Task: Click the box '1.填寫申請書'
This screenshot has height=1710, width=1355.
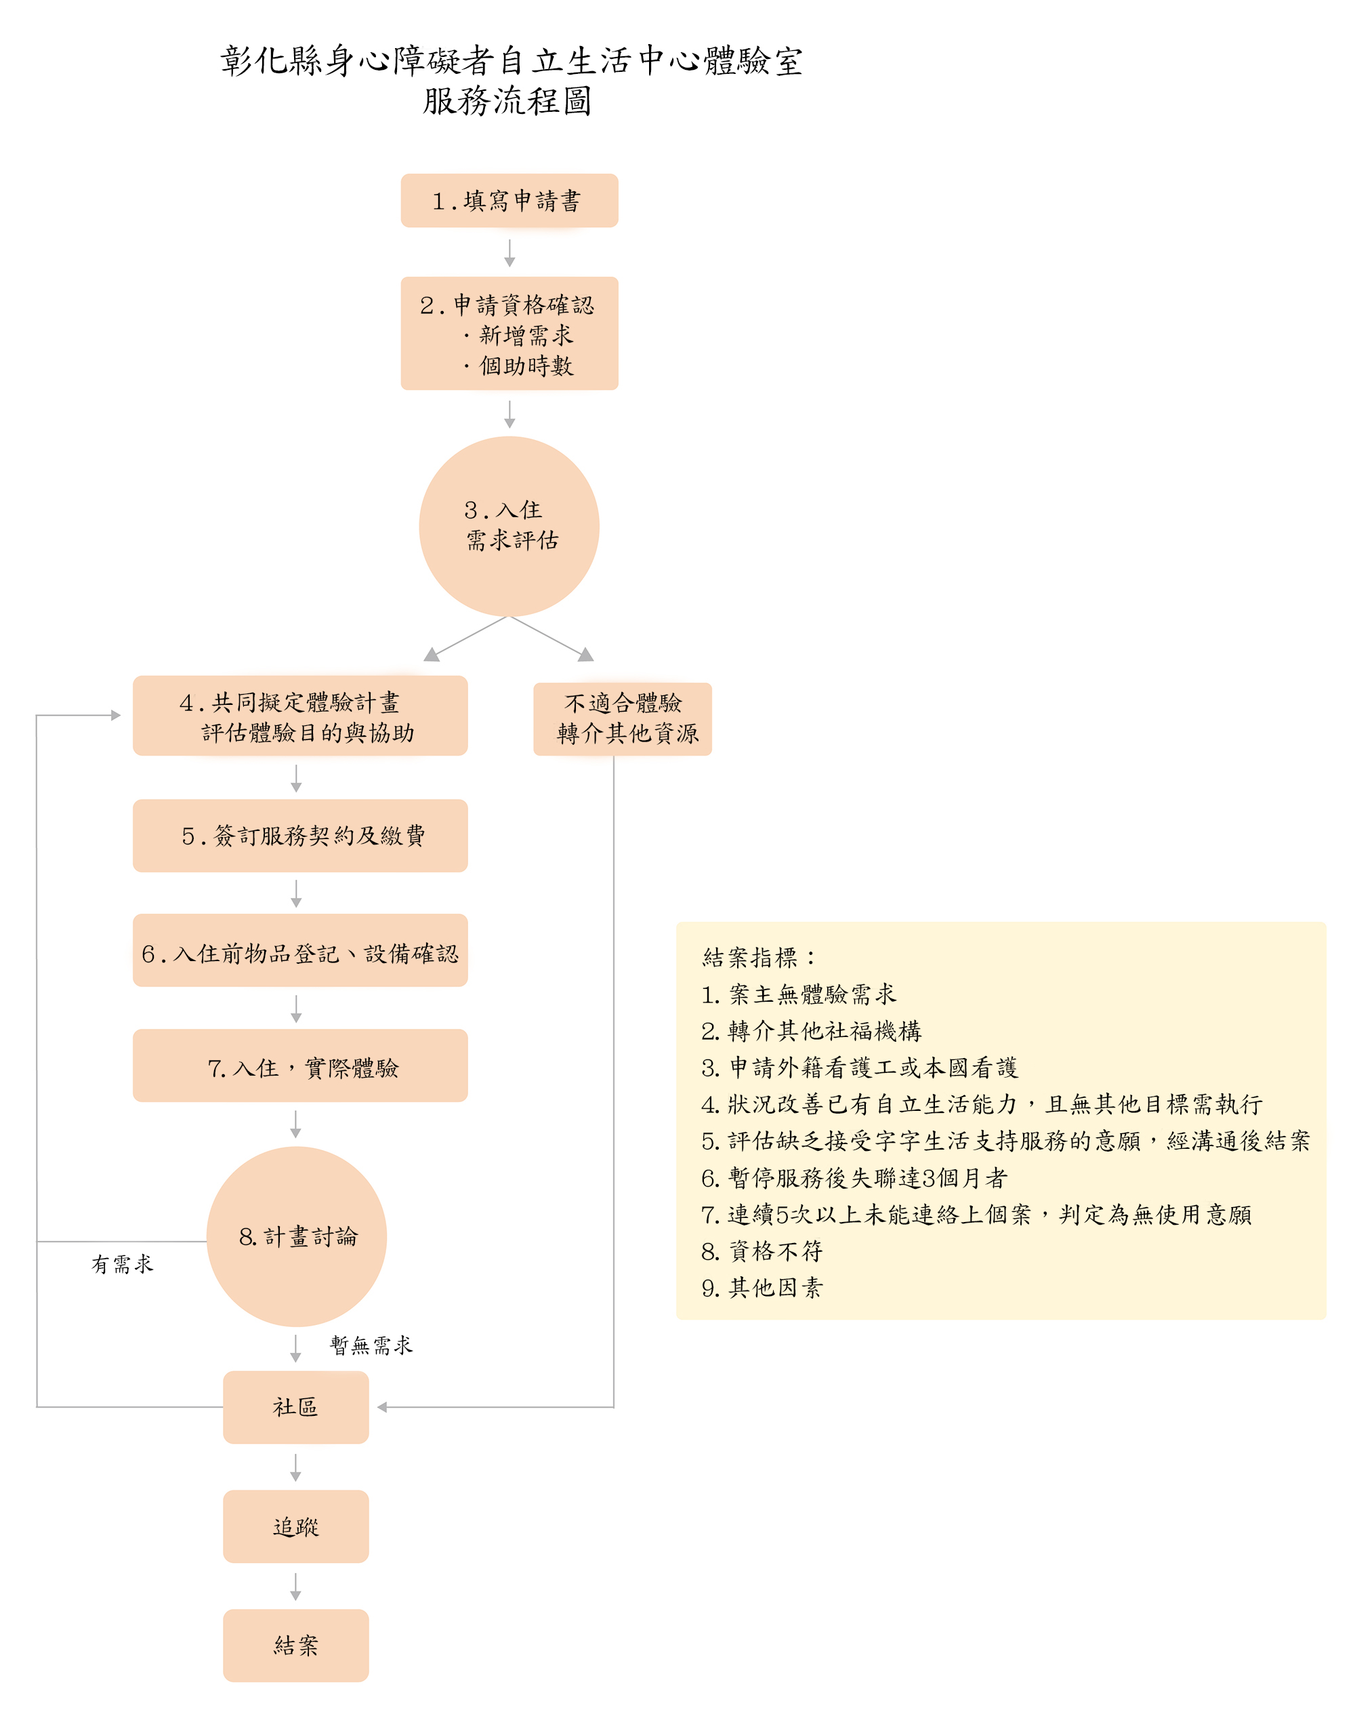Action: pyautogui.click(x=509, y=201)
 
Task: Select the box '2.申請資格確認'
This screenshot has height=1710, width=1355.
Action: pyautogui.click(x=509, y=333)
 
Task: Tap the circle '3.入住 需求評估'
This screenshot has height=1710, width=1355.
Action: pyautogui.click(x=509, y=526)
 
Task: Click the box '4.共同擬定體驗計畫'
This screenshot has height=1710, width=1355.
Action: pyautogui.click(x=299, y=716)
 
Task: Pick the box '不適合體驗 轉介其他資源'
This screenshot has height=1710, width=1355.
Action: pyautogui.click(x=623, y=718)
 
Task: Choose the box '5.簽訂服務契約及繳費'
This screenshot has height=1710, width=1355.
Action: pyautogui.click(x=299, y=835)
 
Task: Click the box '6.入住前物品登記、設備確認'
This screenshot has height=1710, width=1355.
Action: pyautogui.click(x=299, y=950)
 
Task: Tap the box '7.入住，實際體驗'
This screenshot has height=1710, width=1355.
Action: pyautogui.click(x=299, y=1065)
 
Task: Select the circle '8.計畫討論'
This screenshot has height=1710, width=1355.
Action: pyautogui.click(x=297, y=1236)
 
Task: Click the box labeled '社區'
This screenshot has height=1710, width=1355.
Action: pyautogui.click(x=296, y=1407)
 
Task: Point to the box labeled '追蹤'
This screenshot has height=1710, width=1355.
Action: pyautogui.click(x=296, y=1526)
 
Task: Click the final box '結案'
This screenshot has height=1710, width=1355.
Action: pyautogui.click(x=296, y=1645)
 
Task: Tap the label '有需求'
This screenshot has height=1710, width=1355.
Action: pyautogui.click(x=122, y=1263)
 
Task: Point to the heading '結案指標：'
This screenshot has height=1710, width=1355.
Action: pyautogui.click(x=758, y=957)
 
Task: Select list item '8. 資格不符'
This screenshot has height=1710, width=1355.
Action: pyautogui.click(x=761, y=1250)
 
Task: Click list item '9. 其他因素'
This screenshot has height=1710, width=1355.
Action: pyautogui.click(x=761, y=1287)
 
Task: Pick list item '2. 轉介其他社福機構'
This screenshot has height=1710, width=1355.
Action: pyautogui.click(x=810, y=1030)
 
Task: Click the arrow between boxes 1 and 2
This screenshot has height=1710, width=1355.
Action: pyautogui.click(x=509, y=252)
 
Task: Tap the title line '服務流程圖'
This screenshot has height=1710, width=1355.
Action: pyautogui.click(x=507, y=102)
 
